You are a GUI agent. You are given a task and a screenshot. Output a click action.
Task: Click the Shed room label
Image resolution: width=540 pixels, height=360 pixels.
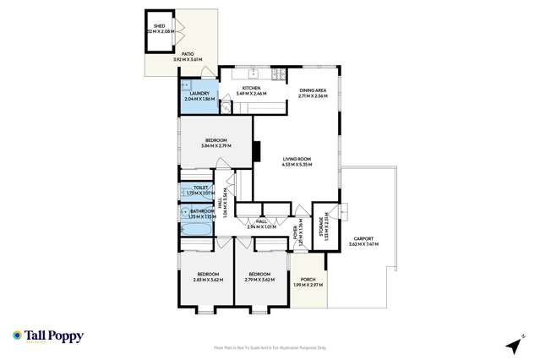(x=159, y=28)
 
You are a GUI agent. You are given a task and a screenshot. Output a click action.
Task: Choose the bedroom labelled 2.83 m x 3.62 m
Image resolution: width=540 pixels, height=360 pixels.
(x=207, y=276)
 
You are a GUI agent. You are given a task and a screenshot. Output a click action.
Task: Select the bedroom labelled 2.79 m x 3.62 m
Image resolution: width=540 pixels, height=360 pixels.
(x=258, y=276)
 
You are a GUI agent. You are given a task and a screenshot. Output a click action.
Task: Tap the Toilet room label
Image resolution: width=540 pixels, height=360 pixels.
(x=200, y=190)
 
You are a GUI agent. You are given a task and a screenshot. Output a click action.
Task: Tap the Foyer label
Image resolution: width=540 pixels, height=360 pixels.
(x=296, y=232)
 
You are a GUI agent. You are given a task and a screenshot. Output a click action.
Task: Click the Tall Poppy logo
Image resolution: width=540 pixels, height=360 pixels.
(x=48, y=335)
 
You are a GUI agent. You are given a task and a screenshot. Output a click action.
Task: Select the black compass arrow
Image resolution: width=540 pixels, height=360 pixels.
(x=511, y=345)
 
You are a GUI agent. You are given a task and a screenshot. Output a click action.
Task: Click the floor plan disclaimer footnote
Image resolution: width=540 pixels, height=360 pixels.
(x=270, y=347)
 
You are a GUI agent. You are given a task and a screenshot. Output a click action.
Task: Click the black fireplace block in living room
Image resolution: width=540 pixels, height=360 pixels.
(x=255, y=150)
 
